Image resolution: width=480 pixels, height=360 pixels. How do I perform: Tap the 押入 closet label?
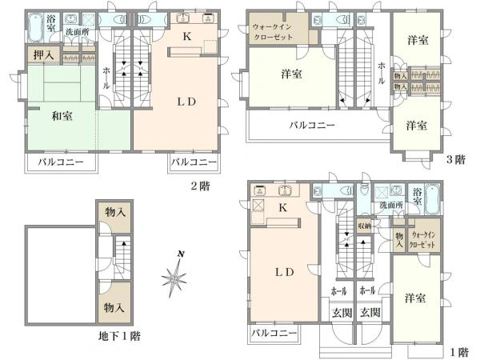tap(42, 55)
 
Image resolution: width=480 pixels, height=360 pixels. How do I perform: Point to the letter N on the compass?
tap(182, 255)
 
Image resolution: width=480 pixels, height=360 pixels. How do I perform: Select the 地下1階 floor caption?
tap(118, 336)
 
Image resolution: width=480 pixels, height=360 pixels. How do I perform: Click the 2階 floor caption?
tap(201, 186)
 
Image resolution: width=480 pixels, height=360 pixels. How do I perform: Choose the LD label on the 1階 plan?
tap(285, 271)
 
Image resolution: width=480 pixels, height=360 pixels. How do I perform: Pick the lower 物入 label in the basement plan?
tap(114, 307)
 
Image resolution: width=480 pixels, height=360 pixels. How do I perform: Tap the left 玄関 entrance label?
tap(339, 312)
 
